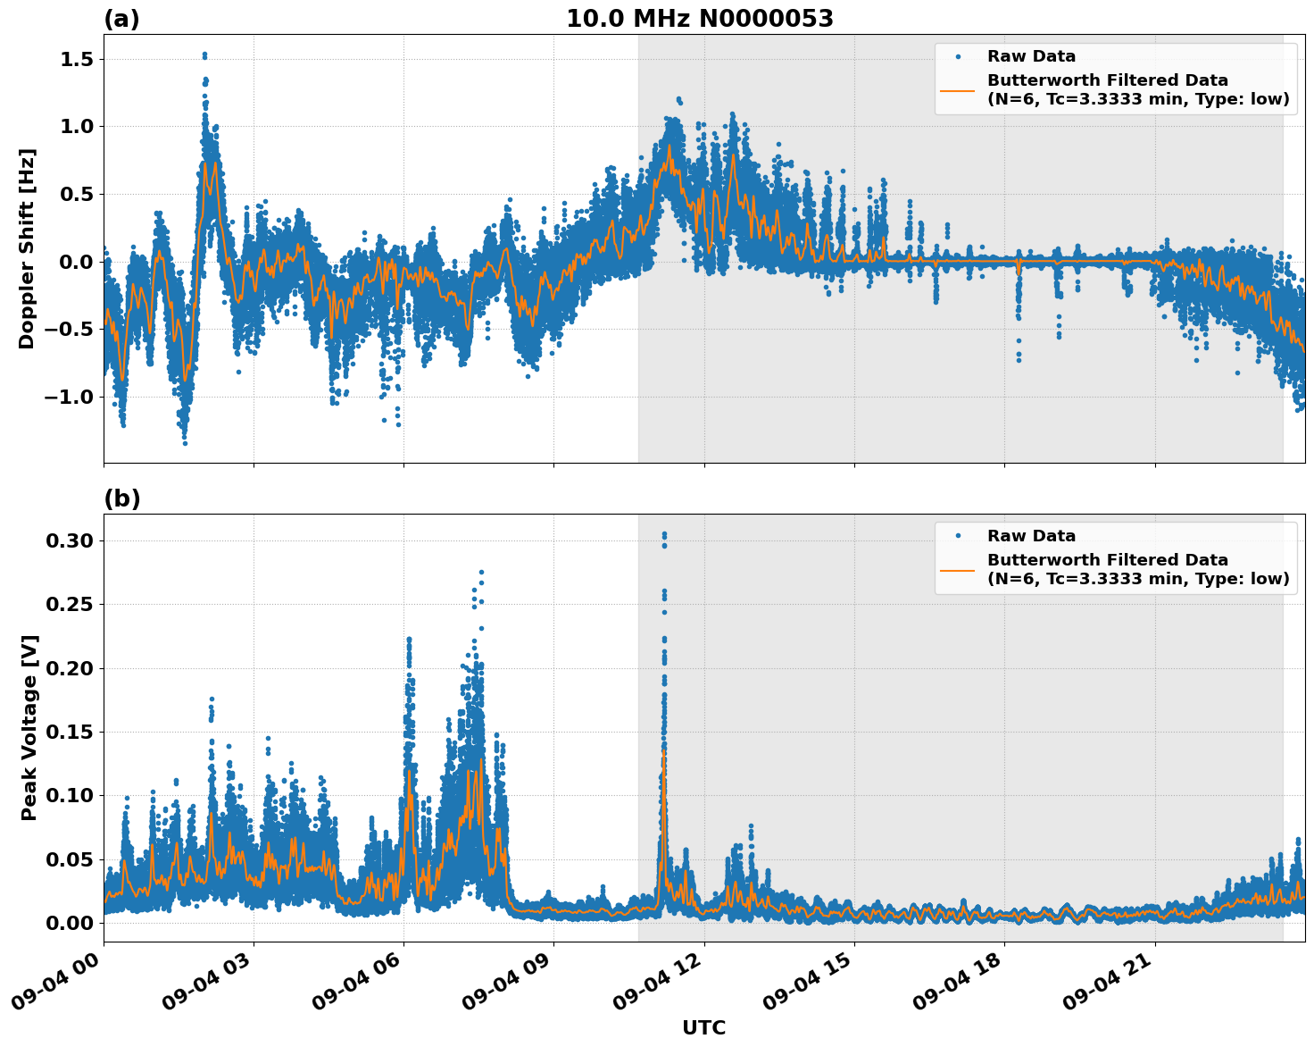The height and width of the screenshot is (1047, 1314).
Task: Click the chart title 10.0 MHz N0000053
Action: click(699, 19)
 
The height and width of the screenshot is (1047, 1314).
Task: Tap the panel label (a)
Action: click(121, 19)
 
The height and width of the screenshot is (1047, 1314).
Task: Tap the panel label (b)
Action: click(121, 498)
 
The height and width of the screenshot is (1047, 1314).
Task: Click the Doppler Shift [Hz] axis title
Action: click(27, 248)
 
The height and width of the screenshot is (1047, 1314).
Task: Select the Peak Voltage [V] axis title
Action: click(29, 727)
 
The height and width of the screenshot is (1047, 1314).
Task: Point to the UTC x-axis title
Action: click(703, 1027)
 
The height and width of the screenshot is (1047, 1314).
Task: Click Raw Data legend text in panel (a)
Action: click(1031, 56)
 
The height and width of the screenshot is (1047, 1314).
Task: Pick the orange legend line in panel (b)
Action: click(957, 569)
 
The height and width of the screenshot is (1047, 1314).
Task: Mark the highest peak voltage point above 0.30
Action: click(663, 534)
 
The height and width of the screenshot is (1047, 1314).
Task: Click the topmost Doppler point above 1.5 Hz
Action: click(204, 54)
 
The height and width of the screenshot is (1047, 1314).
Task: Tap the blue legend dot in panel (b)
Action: click(957, 536)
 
